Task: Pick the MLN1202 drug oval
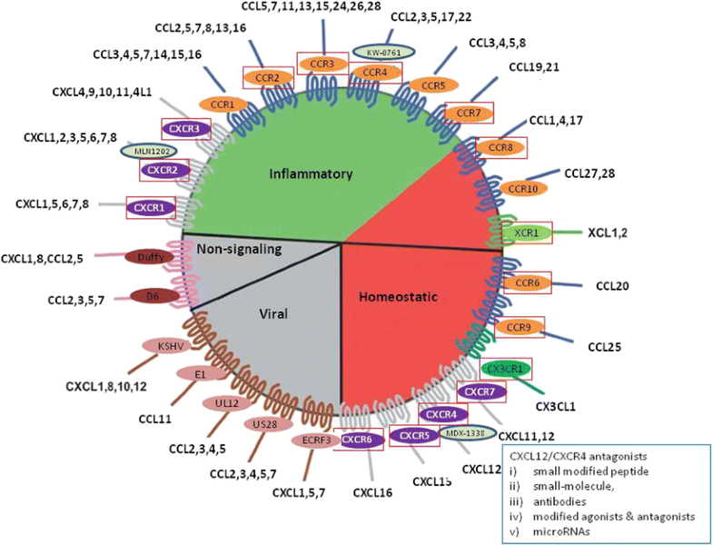(x=143, y=150)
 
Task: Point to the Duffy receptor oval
(x=151, y=257)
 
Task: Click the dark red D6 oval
(x=153, y=295)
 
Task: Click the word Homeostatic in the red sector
(x=396, y=296)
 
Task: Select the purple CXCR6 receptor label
(x=356, y=439)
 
